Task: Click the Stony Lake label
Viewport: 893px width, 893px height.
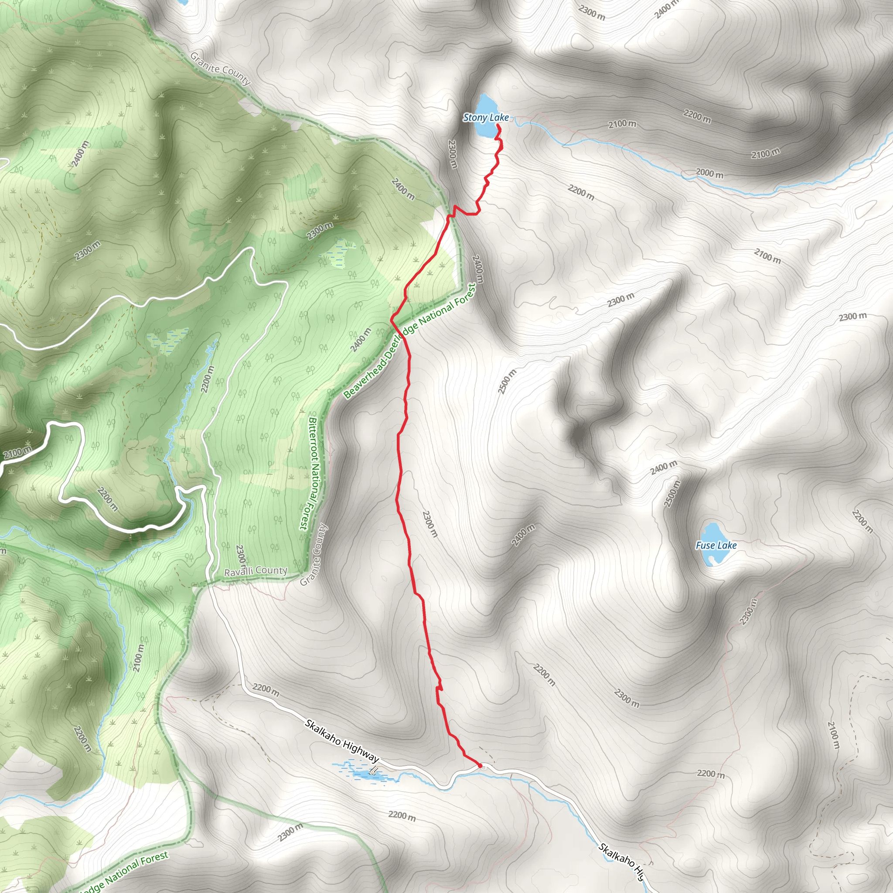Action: pos(485,118)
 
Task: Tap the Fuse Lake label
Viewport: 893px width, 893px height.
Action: pos(716,545)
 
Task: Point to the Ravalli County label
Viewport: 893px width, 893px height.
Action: pos(255,571)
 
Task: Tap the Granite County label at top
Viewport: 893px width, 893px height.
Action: pos(221,69)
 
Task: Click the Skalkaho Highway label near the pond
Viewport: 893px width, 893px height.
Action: pos(341,741)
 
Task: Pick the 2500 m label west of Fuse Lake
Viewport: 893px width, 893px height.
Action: pos(672,494)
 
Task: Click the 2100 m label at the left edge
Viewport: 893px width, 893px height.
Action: pos(17,453)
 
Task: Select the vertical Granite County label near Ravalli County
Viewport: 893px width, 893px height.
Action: pos(314,554)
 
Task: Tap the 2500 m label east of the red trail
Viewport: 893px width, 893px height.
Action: pos(507,382)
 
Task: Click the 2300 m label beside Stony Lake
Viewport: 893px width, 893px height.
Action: pos(453,154)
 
